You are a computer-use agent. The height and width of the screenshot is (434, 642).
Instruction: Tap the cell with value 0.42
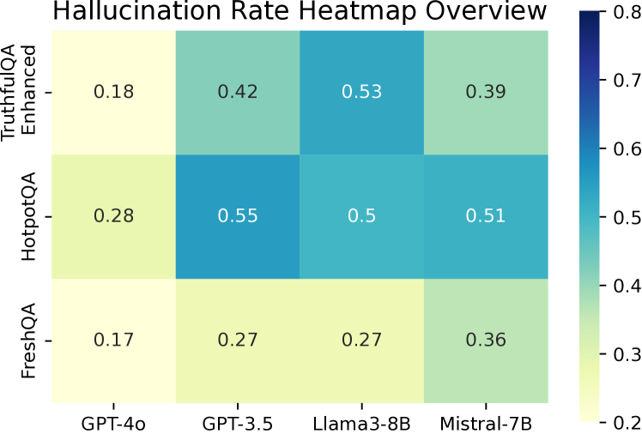point(238,92)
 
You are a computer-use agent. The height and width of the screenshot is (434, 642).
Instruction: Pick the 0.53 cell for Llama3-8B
point(361,92)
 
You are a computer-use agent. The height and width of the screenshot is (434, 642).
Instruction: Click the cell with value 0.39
point(485,92)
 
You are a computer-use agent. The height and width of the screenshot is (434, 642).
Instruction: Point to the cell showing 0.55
point(238,216)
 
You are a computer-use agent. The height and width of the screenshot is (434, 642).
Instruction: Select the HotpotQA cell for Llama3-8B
point(361,216)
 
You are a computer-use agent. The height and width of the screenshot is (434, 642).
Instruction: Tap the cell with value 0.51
point(485,216)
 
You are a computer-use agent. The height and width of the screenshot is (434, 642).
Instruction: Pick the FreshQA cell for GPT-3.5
point(238,341)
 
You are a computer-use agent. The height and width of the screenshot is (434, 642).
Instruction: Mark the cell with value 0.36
point(485,341)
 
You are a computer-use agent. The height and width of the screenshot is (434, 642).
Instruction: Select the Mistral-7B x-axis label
point(485,421)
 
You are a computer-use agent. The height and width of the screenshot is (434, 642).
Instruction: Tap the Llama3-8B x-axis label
point(361,421)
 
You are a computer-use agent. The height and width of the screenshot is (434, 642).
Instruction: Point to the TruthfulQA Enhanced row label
point(19,92)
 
